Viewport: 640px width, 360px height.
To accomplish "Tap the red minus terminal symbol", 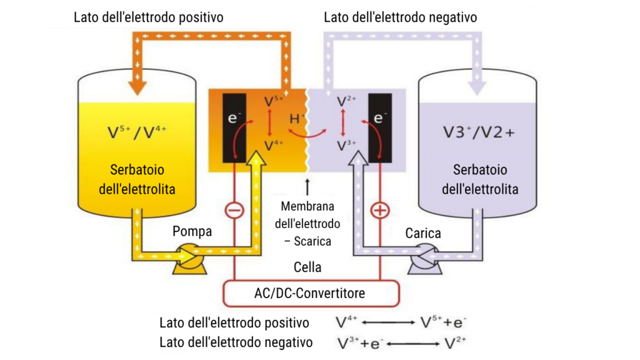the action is coord(235,211).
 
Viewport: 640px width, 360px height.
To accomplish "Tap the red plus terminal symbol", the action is coord(380,211).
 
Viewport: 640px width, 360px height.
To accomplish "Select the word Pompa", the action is coord(192,231).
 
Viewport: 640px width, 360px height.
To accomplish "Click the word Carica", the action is coord(423,233).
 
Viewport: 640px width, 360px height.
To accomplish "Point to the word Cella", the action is coord(307,267).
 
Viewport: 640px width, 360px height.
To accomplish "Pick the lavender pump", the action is coord(425,259).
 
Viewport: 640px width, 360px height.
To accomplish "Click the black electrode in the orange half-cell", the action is coord(234,128).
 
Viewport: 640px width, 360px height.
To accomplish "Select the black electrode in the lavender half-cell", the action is coord(380,128).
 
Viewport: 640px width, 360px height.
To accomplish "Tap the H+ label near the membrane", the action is coord(297,119).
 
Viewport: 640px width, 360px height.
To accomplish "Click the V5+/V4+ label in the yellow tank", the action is coord(137,132).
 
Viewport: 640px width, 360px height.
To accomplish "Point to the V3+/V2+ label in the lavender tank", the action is coord(479,132).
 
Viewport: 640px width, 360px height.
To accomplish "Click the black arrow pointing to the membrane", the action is coord(307,186).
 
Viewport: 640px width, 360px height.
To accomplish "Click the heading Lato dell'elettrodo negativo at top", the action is coord(401,17).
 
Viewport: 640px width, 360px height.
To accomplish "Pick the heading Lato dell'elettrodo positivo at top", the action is coord(149,17).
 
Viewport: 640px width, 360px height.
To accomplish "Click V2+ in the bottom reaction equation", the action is coord(455,343).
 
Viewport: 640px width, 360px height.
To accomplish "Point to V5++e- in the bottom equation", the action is coord(443,322).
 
